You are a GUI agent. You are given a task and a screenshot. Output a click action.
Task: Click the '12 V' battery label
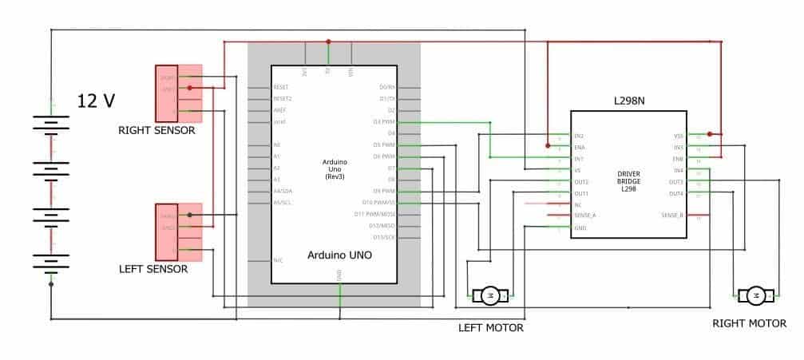(97, 101)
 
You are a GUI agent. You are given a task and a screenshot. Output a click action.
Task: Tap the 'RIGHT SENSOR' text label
(156, 130)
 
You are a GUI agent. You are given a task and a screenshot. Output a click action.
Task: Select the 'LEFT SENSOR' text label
(152, 269)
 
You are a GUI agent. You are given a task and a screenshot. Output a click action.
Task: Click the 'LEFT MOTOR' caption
(490, 327)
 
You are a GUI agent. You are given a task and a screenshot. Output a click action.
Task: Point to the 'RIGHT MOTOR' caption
(749, 323)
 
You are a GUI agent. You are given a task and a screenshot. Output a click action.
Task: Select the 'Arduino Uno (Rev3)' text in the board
(334, 169)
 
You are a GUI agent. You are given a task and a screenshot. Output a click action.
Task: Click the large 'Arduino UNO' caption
(339, 255)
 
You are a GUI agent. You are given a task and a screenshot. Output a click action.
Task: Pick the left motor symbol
(491, 296)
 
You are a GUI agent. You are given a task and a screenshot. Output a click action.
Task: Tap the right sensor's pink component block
(178, 93)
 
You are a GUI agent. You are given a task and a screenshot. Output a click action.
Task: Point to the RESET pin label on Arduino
(280, 87)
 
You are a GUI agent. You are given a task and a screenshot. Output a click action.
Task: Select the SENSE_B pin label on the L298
(671, 216)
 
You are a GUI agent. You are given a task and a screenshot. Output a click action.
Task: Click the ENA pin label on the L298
(580, 148)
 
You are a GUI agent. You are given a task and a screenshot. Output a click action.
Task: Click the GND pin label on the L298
(580, 228)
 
